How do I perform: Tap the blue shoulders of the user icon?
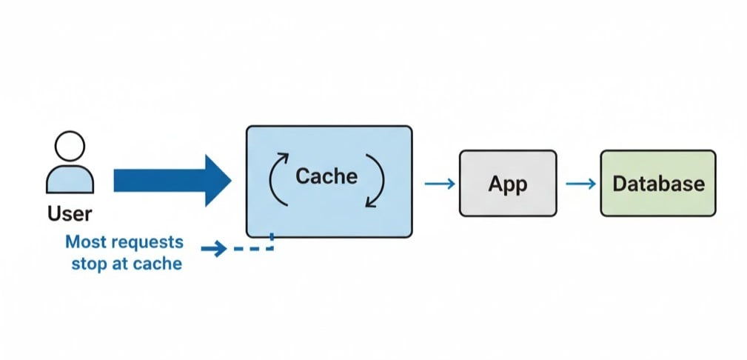70,180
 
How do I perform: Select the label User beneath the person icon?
70,214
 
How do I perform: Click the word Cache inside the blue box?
326,176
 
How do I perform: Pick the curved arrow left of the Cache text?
275,178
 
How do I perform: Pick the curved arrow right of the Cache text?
377,182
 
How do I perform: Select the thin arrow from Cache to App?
439,184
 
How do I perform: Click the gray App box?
507,183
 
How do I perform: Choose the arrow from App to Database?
580,184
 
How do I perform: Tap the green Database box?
657,183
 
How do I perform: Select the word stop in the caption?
90,263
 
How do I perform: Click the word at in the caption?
121,263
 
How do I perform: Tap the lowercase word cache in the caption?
157,263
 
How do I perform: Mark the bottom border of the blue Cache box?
329,237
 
